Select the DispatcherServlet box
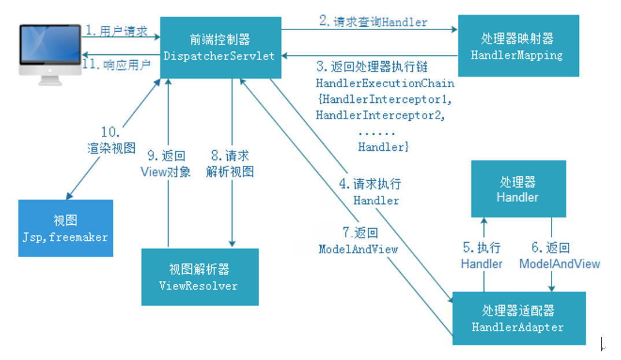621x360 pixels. pos(220,47)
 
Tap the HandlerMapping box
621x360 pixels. pos(518,47)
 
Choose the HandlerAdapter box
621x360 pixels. pos(518,318)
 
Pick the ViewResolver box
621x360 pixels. pos(199,277)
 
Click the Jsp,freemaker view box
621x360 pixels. pos(65,228)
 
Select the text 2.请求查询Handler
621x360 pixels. pos(373,22)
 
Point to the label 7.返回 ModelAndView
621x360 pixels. pos(358,241)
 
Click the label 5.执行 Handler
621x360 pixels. pos(482,255)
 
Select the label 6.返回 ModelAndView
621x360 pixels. pos(559,255)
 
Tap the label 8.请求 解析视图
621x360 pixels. pos(230,164)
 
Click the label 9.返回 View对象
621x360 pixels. pos(166,164)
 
